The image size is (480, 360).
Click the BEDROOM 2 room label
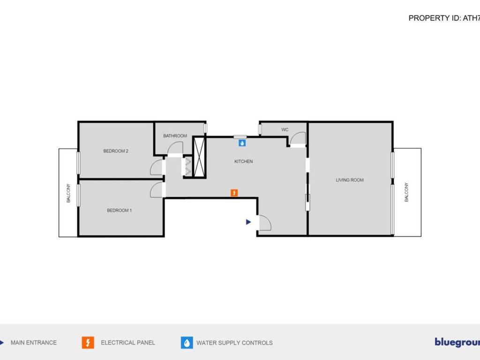click(116, 151)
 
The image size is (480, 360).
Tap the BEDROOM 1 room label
click(119, 210)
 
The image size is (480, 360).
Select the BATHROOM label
click(175, 136)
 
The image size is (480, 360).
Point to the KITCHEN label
click(243, 162)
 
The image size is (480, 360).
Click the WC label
click(285, 129)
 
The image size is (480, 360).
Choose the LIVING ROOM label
click(350, 180)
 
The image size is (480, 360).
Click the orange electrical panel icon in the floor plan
click(234, 193)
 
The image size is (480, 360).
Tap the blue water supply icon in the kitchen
click(242, 142)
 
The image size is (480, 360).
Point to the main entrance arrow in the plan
click(249, 222)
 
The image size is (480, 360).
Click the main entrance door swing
click(264, 223)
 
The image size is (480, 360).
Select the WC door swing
click(298, 138)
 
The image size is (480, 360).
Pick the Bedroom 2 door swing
click(156, 167)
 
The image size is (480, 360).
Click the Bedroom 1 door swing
click(157, 189)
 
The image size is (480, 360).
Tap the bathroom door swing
click(175, 148)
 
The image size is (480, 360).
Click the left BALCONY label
click(68, 193)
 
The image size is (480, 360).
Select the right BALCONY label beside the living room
click(406, 192)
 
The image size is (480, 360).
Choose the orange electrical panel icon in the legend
click(88, 343)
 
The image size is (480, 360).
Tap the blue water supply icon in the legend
click(187, 343)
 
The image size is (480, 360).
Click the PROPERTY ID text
click(444, 18)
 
